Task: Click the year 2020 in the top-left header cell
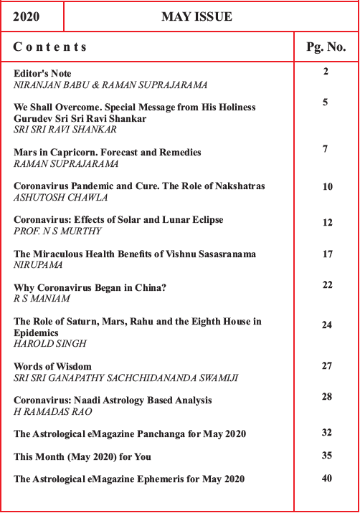pyautogui.click(x=27, y=16)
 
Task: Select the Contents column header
pyautogui.click(x=50, y=47)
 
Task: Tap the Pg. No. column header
pyautogui.click(x=326, y=47)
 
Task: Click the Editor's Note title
pyautogui.click(x=43, y=74)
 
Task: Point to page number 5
pyautogui.click(x=326, y=102)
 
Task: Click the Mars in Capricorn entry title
pyautogui.click(x=108, y=153)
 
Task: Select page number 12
pyautogui.click(x=327, y=223)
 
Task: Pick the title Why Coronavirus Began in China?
pyautogui.click(x=90, y=287)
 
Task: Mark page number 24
pyautogui.click(x=327, y=325)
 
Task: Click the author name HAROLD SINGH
pyautogui.click(x=46, y=343)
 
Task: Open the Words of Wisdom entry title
pyautogui.click(x=53, y=366)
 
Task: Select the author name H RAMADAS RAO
pyautogui.click(x=55, y=411)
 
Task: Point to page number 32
pyautogui.click(x=327, y=432)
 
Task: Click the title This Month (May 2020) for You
pyautogui.click(x=82, y=456)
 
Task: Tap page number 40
pyautogui.click(x=327, y=479)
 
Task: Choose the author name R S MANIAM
pyautogui.click(x=42, y=298)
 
